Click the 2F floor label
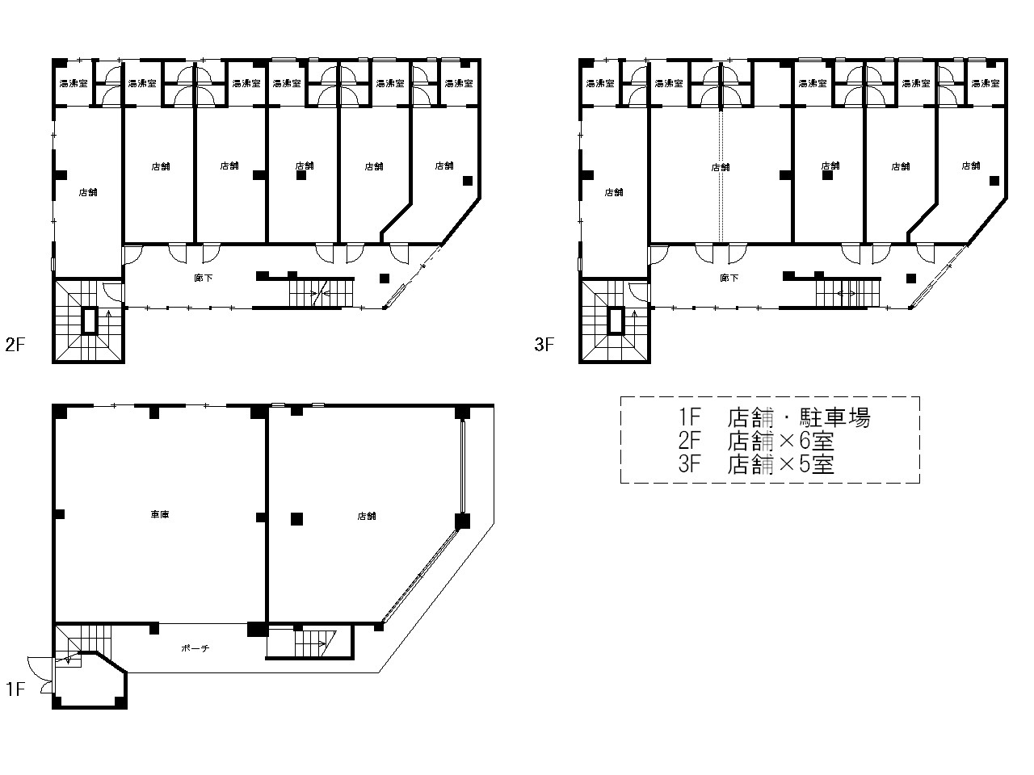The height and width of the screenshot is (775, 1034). click(16, 346)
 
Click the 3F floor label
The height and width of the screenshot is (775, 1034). click(544, 346)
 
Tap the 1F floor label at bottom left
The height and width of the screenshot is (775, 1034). click(16, 689)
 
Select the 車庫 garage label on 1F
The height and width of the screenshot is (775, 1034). click(159, 515)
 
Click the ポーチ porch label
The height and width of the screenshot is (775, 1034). click(195, 648)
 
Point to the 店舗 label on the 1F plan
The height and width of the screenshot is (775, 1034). click(366, 516)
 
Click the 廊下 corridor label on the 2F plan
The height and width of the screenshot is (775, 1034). click(203, 277)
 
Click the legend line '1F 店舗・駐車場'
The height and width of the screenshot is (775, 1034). click(774, 418)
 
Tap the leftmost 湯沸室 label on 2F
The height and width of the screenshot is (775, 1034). click(74, 83)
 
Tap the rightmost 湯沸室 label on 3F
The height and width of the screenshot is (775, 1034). click(985, 83)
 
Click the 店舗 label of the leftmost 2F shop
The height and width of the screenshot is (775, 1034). click(87, 192)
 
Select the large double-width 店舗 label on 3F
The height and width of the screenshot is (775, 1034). click(720, 167)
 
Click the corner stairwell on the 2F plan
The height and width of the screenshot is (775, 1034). click(89, 321)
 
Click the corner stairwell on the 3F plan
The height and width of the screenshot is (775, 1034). click(616, 321)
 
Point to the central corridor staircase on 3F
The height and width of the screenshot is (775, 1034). click(847, 293)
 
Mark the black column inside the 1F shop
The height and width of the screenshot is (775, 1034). click(297, 519)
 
